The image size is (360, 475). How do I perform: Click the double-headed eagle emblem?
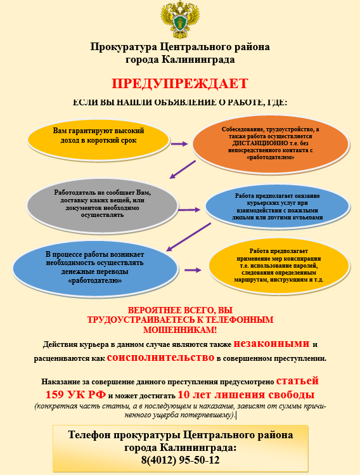click(180, 18)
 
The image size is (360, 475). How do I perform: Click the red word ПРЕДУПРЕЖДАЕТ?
click(180, 84)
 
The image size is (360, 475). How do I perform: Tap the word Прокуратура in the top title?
click(124, 47)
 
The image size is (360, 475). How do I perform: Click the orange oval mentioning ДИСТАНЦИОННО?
click(271, 144)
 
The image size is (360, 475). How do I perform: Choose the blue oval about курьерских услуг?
click(278, 207)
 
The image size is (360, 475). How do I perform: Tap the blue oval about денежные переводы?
click(95, 268)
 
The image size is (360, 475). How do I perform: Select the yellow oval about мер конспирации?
click(278, 266)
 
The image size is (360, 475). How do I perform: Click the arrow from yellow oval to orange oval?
click(179, 143)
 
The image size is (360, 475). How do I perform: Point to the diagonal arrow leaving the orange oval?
click(183, 169)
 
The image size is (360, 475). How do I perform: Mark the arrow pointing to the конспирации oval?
click(193, 270)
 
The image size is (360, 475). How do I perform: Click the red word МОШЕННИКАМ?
click(180, 330)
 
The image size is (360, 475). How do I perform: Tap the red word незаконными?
click(272, 344)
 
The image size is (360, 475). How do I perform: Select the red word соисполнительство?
click(160, 358)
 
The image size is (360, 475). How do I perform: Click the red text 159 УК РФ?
click(75, 394)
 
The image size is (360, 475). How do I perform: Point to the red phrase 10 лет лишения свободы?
click(246, 394)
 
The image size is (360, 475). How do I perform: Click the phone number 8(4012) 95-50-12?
click(181, 460)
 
